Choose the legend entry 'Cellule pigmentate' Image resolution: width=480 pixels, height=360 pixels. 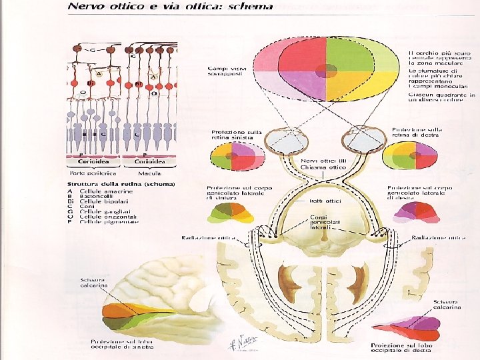pos(111,221)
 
